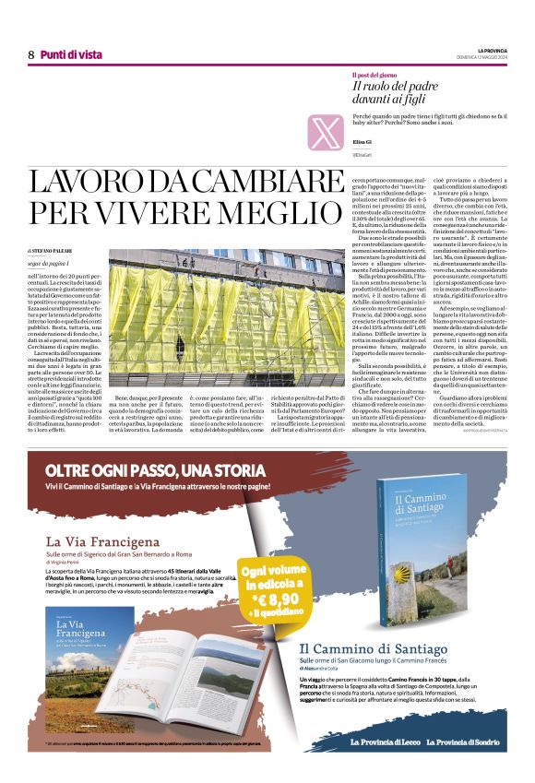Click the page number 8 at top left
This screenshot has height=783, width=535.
30,54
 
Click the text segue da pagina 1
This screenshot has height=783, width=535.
49,263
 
